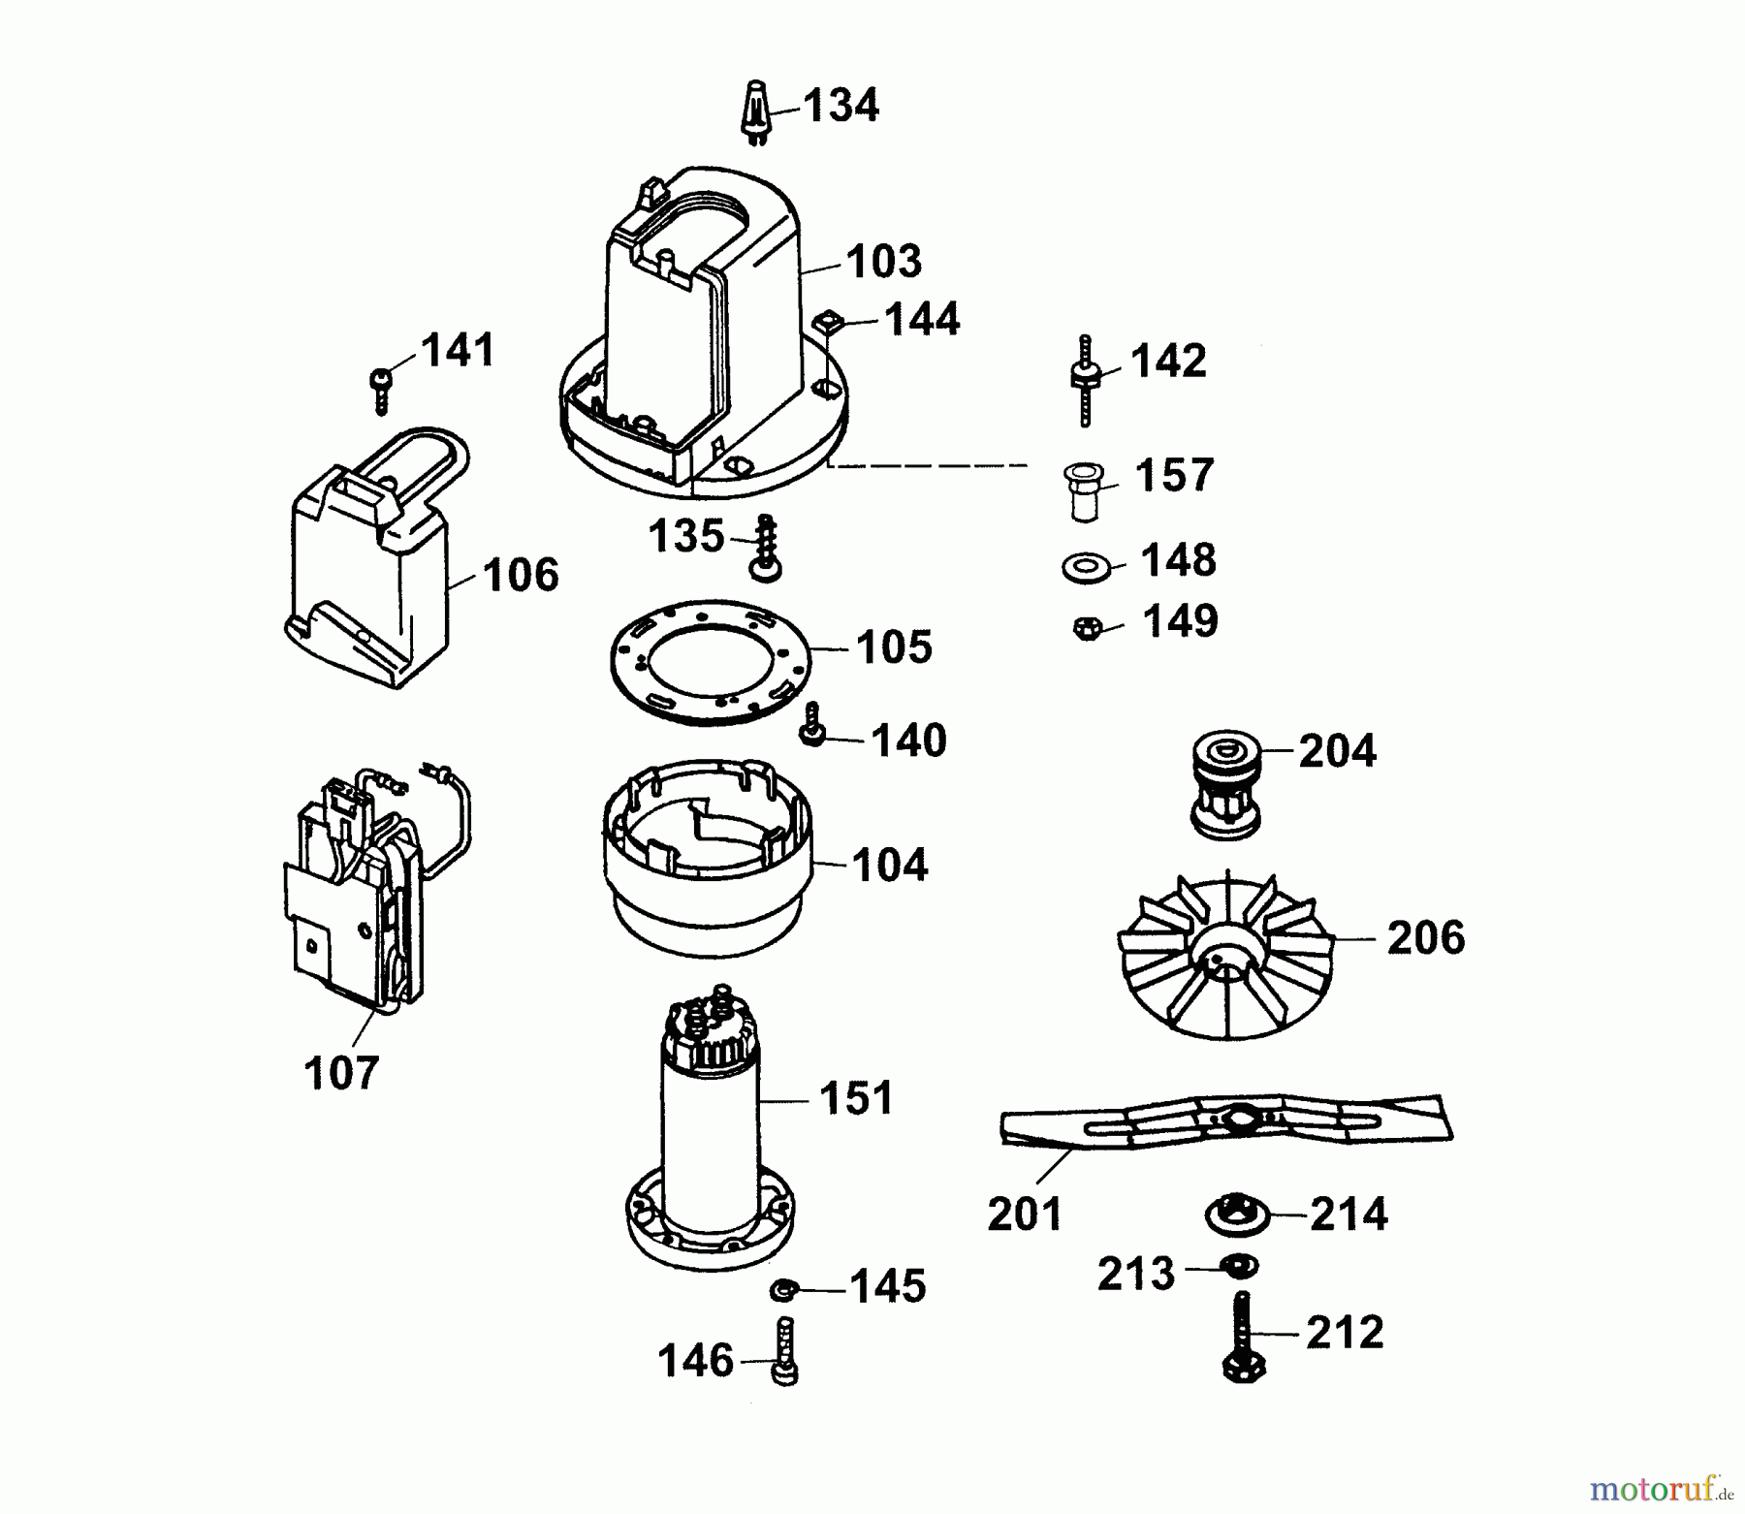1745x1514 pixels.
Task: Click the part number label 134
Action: (841, 105)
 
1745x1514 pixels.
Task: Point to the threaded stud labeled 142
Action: (1085, 379)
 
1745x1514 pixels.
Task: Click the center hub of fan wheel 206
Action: (1223, 959)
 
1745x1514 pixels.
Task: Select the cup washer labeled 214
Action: (1237, 1214)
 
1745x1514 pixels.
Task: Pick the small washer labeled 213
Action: (1238, 1266)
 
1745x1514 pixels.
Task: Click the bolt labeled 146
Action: (785, 1352)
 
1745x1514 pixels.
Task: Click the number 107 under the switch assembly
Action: (340, 1074)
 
